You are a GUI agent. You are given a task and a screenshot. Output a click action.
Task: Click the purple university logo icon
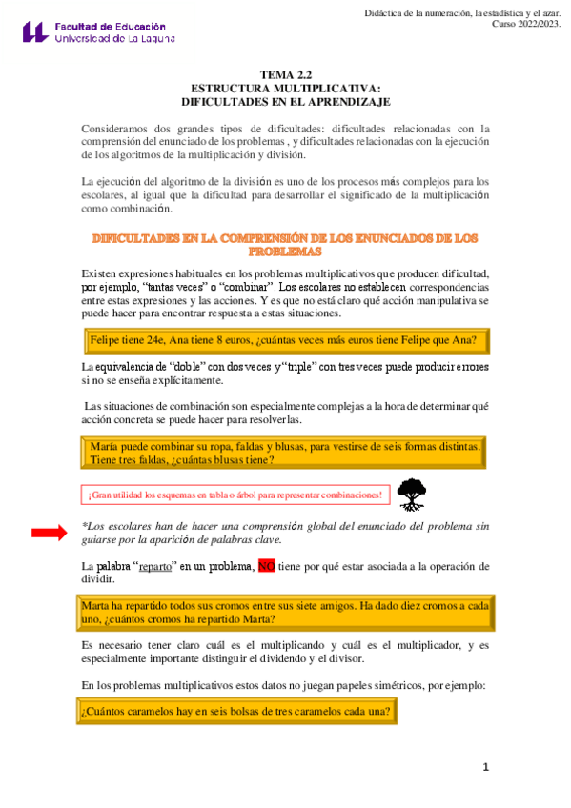[x=34, y=31]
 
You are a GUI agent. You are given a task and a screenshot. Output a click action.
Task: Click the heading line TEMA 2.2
[x=285, y=73]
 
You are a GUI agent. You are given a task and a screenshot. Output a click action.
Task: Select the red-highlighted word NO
[x=266, y=566]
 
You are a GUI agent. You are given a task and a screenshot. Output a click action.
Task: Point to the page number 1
[x=485, y=767]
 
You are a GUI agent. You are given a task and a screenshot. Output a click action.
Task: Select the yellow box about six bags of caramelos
[x=235, y=712]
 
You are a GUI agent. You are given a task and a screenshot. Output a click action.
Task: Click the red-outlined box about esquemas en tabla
[x=235, y=495]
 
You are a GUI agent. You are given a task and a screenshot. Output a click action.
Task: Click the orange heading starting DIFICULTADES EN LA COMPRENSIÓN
[x=285, y=244]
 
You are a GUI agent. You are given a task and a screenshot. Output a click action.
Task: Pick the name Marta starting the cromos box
[x=95, y=605]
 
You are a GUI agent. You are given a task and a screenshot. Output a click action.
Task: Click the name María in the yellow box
[x=103, y=447]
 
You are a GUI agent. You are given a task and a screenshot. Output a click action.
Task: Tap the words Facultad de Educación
[x=110, y=27]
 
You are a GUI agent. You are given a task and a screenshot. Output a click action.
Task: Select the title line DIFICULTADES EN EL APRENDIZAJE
[x=285, y=100]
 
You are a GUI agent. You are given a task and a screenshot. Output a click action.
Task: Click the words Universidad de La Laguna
[x=118, y=40]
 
